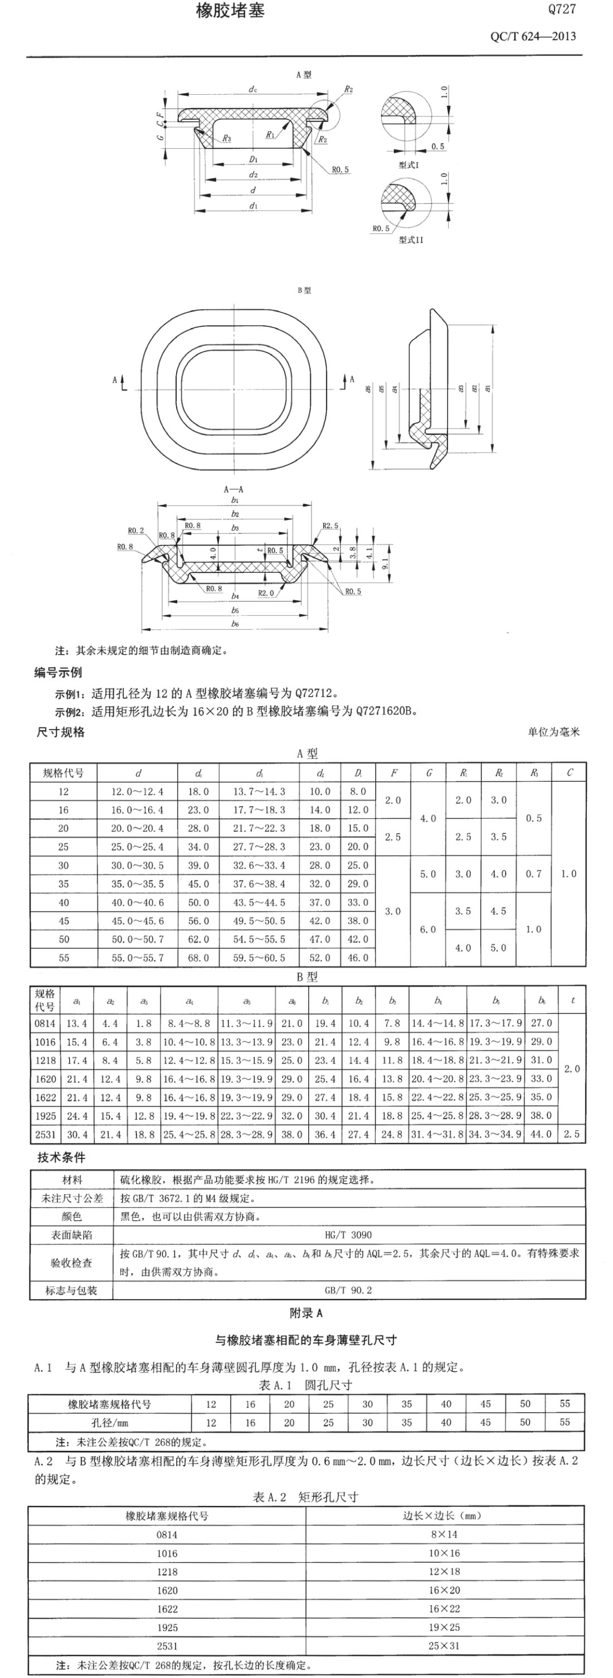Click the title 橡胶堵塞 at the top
click(x=230, y=11)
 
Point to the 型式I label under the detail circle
click(x=409, y=166)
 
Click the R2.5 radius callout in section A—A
click(x=330, y=526)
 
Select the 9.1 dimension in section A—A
click(x=385, y=560)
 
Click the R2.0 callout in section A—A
click(x=266, y=593)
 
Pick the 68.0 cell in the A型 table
click(x=198, y=957)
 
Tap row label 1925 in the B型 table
click(x=45, y=1115)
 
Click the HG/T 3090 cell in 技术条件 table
click(x=348, y=1234)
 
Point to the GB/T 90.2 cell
click(x=348, y=1290)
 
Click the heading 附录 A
click(x=305, y=1313)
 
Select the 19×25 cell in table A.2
click(x=444, y=1627)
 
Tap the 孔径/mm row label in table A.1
click(x=109, y=1423)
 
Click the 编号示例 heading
click(x=58, y=673)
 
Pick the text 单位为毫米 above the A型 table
click(x=553, y=732)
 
